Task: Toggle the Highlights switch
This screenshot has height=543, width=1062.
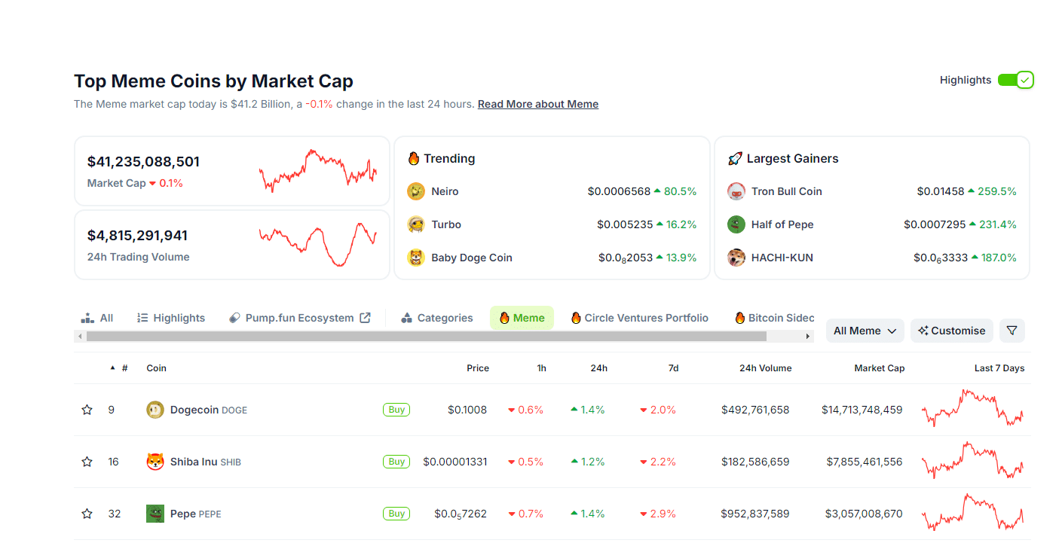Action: pos(1015,80)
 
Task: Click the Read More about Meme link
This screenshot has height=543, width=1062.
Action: pos(537,104)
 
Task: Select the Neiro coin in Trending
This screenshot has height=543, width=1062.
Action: pos(445,191)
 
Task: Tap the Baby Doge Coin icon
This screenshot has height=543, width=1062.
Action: pos(416,258)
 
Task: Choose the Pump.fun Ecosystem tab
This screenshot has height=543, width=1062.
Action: pos(299,318)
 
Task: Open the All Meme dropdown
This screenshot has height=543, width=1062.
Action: pos(865,331)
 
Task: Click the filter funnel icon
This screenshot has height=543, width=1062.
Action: pos(1012,331)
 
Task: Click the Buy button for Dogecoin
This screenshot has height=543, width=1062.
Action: pos(396,410)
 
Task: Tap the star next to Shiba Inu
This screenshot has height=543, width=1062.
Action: pos(87,462)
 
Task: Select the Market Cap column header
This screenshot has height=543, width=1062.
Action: pos(879,368)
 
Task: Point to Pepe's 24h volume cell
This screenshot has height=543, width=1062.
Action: pos(755,514)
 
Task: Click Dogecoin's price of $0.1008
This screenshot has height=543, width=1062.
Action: pos(467,410)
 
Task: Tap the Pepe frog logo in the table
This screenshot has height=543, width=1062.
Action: pos(155,514)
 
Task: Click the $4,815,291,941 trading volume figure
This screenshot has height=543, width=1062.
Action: pos(137,236)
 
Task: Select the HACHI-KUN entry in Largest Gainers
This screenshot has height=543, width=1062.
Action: pos(782,258)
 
